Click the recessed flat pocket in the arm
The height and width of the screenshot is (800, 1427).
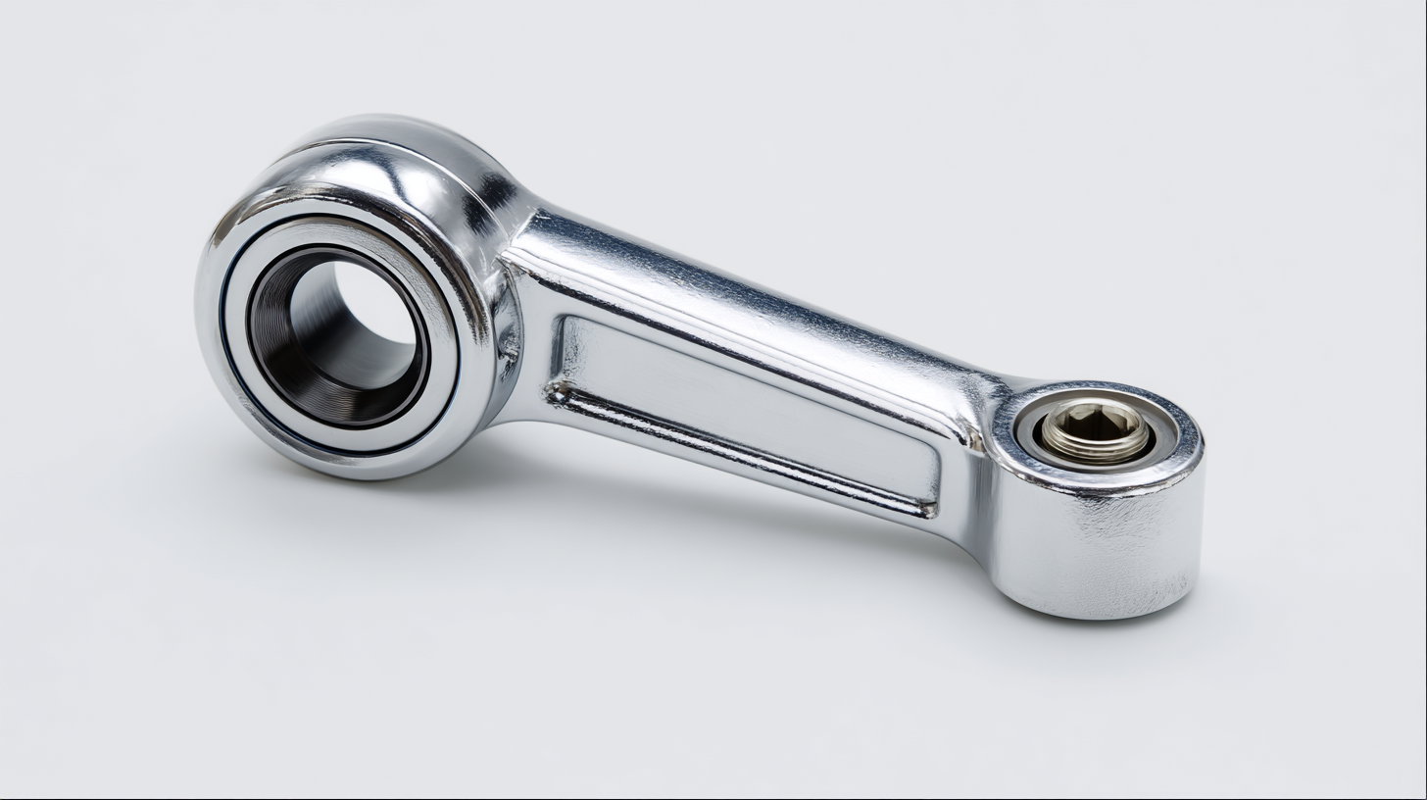[745, 402]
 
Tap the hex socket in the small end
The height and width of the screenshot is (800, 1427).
[1096, 424]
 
